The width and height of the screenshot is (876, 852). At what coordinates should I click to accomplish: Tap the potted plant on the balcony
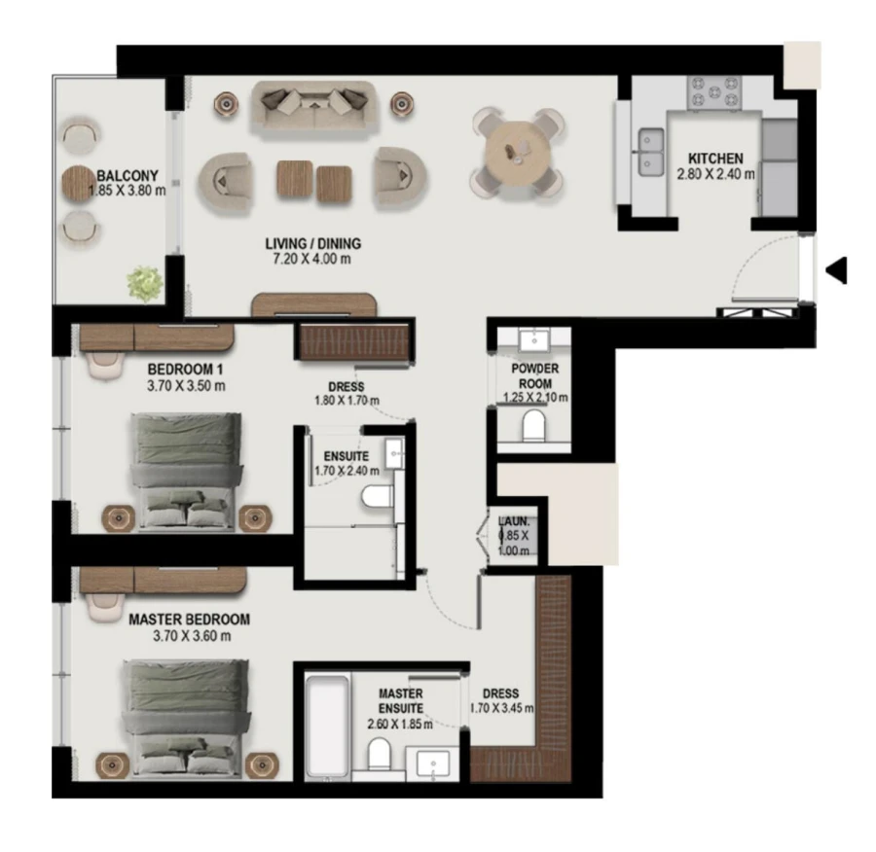[144, 283]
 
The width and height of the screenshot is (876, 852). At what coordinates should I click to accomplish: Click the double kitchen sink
[649, 154]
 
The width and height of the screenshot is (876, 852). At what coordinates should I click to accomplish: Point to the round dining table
[519, 150]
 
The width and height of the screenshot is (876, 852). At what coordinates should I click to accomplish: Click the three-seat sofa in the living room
[313, 105]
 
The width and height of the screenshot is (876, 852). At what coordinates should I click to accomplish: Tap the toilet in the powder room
[532, 424]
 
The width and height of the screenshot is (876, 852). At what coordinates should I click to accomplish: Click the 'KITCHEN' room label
[715, 159]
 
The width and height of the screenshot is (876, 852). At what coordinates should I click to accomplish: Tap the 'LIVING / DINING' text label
[312, 243]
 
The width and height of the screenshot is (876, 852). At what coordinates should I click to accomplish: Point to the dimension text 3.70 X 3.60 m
[192, 636]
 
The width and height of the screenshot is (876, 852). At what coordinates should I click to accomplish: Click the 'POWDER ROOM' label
[535, 375]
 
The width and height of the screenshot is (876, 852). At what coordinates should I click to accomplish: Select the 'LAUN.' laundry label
[512, 521]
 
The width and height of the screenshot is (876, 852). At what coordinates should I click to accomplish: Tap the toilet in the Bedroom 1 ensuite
[376, 498]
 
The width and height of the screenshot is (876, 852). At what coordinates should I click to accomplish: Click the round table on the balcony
[79, 182]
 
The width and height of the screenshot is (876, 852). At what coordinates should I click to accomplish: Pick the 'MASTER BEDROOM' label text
[189, 619]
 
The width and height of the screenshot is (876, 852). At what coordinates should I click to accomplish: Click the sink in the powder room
[532, 339]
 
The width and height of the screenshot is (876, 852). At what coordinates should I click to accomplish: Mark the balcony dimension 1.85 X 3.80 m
[128, 191]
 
